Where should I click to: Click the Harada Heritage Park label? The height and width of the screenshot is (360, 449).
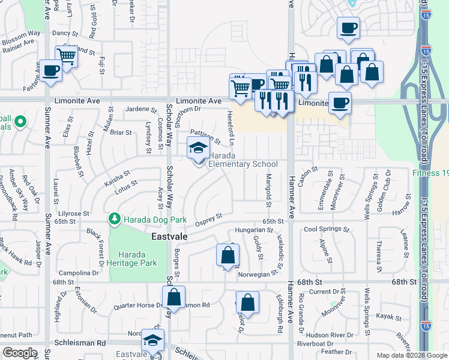137,259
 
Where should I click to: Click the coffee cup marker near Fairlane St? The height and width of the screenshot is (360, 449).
50,71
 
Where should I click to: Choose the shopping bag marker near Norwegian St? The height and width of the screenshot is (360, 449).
228,256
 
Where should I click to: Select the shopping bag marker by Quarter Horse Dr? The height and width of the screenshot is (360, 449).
173,296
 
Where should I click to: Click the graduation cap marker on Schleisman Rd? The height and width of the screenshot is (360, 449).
153,340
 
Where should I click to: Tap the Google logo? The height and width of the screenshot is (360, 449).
20,353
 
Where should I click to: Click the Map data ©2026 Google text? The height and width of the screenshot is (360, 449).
411,355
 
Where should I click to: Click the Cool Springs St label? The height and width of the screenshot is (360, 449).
327,229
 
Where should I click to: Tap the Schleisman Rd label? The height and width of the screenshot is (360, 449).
80,343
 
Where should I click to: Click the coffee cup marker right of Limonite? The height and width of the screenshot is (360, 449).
340,102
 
